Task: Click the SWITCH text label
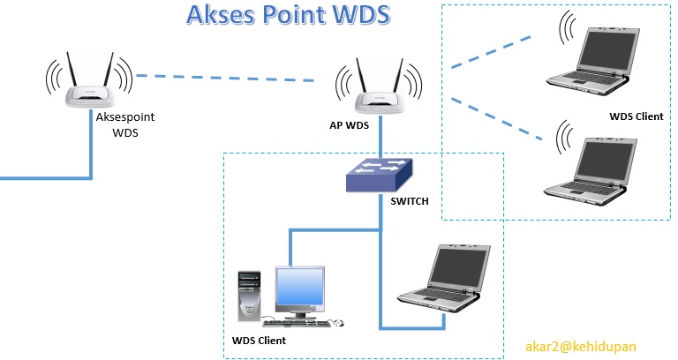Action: [x=409, y=201]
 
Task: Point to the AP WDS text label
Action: [x=343, y=125]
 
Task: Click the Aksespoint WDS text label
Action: [x=122, y=124]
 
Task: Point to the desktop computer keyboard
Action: [x=305, y=323]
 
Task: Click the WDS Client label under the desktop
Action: [x=259, y=339]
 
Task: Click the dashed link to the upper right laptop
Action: [x=491, y=52]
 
